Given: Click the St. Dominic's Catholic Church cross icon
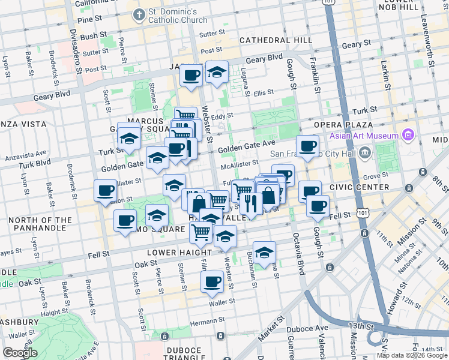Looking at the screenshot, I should pyautogui.click(x=139, y=14).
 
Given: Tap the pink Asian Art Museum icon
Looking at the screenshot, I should pyautogui.click(x=409, y=134).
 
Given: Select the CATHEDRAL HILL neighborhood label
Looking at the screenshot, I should pyautogui.click(x=276, y=40).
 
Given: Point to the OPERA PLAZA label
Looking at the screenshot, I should pyautogui.click(x=343, y=124).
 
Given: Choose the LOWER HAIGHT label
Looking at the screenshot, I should pyautogui.click(x=179, y=253).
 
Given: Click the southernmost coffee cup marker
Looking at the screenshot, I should pyautogui.click(x=212, y=281).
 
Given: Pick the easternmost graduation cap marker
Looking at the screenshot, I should pyautogui.click(x=264, y=252).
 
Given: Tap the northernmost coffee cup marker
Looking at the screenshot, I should pyautogui.click(x=191, y=76).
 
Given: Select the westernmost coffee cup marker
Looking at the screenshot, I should pyautogui.click(x=106, y=191).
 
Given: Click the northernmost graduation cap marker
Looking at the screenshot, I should pyautogui.click(x=217, y=72).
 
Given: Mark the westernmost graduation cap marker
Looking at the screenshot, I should pyautogui.click(x=129, y=139).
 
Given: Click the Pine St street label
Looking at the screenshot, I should pyautogui.click(x=88, y=20).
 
